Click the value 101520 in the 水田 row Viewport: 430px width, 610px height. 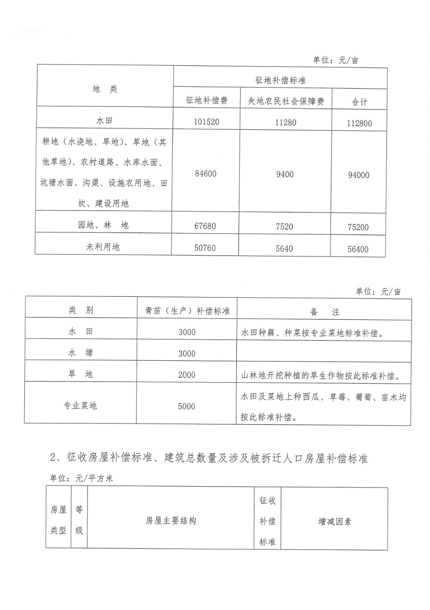tap(207, 122)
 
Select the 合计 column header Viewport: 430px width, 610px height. tap(359, 102)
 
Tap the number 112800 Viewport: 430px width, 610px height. tap(359, 123)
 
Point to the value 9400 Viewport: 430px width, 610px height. tap(285, 174)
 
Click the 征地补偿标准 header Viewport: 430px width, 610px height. tap(281, 80)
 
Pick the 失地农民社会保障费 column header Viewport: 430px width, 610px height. tap(286, 101)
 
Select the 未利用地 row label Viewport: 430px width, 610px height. tap(103, 246)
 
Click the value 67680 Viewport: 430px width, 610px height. tap(205, 226)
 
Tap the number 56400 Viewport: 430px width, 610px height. tap(358, 249)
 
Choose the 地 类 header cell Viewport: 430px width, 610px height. tap(105, 89)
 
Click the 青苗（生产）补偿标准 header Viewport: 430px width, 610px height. tap(187, 311)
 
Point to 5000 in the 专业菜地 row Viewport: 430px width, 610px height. tap(186, 406)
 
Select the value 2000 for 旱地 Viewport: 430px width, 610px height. tap(186, 375)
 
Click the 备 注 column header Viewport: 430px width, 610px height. tap(324, 312)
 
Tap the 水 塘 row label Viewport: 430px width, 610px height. tap(81, 353)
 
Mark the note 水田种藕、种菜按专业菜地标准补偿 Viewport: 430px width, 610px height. tap(312, 334)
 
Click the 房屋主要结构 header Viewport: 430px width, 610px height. tap(170, 521)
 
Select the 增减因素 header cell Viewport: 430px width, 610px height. tap(334, 522)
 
